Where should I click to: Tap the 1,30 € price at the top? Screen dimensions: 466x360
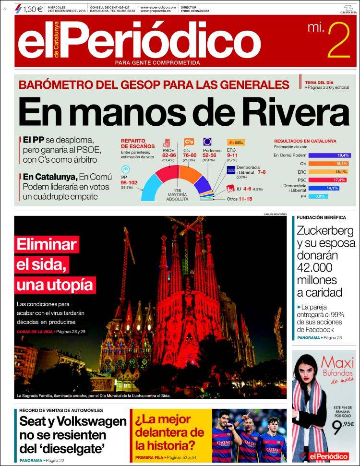[33, 8]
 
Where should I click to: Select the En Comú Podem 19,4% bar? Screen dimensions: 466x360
[329, 155]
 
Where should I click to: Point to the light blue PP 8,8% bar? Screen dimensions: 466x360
[318, 196]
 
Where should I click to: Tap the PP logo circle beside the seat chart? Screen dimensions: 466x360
[126, 169]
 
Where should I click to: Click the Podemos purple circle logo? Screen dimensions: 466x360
[208, 142]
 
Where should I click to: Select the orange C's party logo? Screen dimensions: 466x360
[189, 142]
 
